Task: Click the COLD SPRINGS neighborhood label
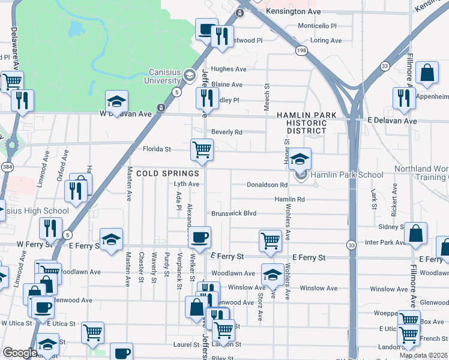point(167,173)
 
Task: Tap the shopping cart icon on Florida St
point(202,149)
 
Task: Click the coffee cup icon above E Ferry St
point(200,236)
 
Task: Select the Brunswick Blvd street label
point(234,214)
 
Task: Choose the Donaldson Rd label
point(267,185)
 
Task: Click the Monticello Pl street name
point(318,26)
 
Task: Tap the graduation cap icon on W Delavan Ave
point(117,101)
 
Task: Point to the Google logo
point(19,353)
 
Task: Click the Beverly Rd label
point(226,132)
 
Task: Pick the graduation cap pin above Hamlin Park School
point(300,160)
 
